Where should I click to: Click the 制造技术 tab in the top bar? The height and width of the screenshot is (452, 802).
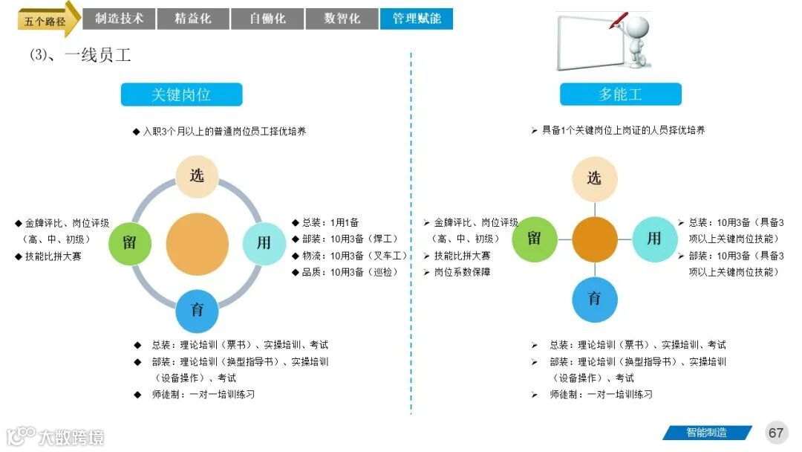point(119,19)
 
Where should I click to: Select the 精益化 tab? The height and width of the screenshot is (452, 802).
point(193,19)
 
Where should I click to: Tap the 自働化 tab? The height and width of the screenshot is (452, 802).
point(267,19)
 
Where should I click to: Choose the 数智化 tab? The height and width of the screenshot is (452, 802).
point(342,19)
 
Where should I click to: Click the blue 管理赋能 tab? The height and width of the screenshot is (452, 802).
point(417,19)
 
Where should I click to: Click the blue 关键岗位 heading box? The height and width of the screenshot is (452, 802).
point(181,94)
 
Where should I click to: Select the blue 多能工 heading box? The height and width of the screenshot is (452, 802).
point(620,94)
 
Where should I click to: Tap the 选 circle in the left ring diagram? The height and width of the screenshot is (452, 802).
point(197,176)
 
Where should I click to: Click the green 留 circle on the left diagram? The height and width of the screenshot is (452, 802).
point(130,242)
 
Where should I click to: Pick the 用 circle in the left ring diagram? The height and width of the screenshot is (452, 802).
point(264,242)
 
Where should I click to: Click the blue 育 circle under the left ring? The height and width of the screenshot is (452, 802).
point(197,309)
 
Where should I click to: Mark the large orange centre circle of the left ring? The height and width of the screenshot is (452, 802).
point(197,243)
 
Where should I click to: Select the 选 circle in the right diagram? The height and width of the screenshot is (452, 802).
point(594,178)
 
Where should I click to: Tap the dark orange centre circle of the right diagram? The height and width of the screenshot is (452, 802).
point(594,239)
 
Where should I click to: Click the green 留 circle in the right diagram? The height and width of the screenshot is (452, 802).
point(535,239)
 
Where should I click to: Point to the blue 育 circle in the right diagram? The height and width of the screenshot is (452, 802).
point(594,299)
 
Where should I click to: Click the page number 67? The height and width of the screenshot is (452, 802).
point(776,433)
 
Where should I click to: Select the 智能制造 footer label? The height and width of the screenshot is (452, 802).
point(705,433)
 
